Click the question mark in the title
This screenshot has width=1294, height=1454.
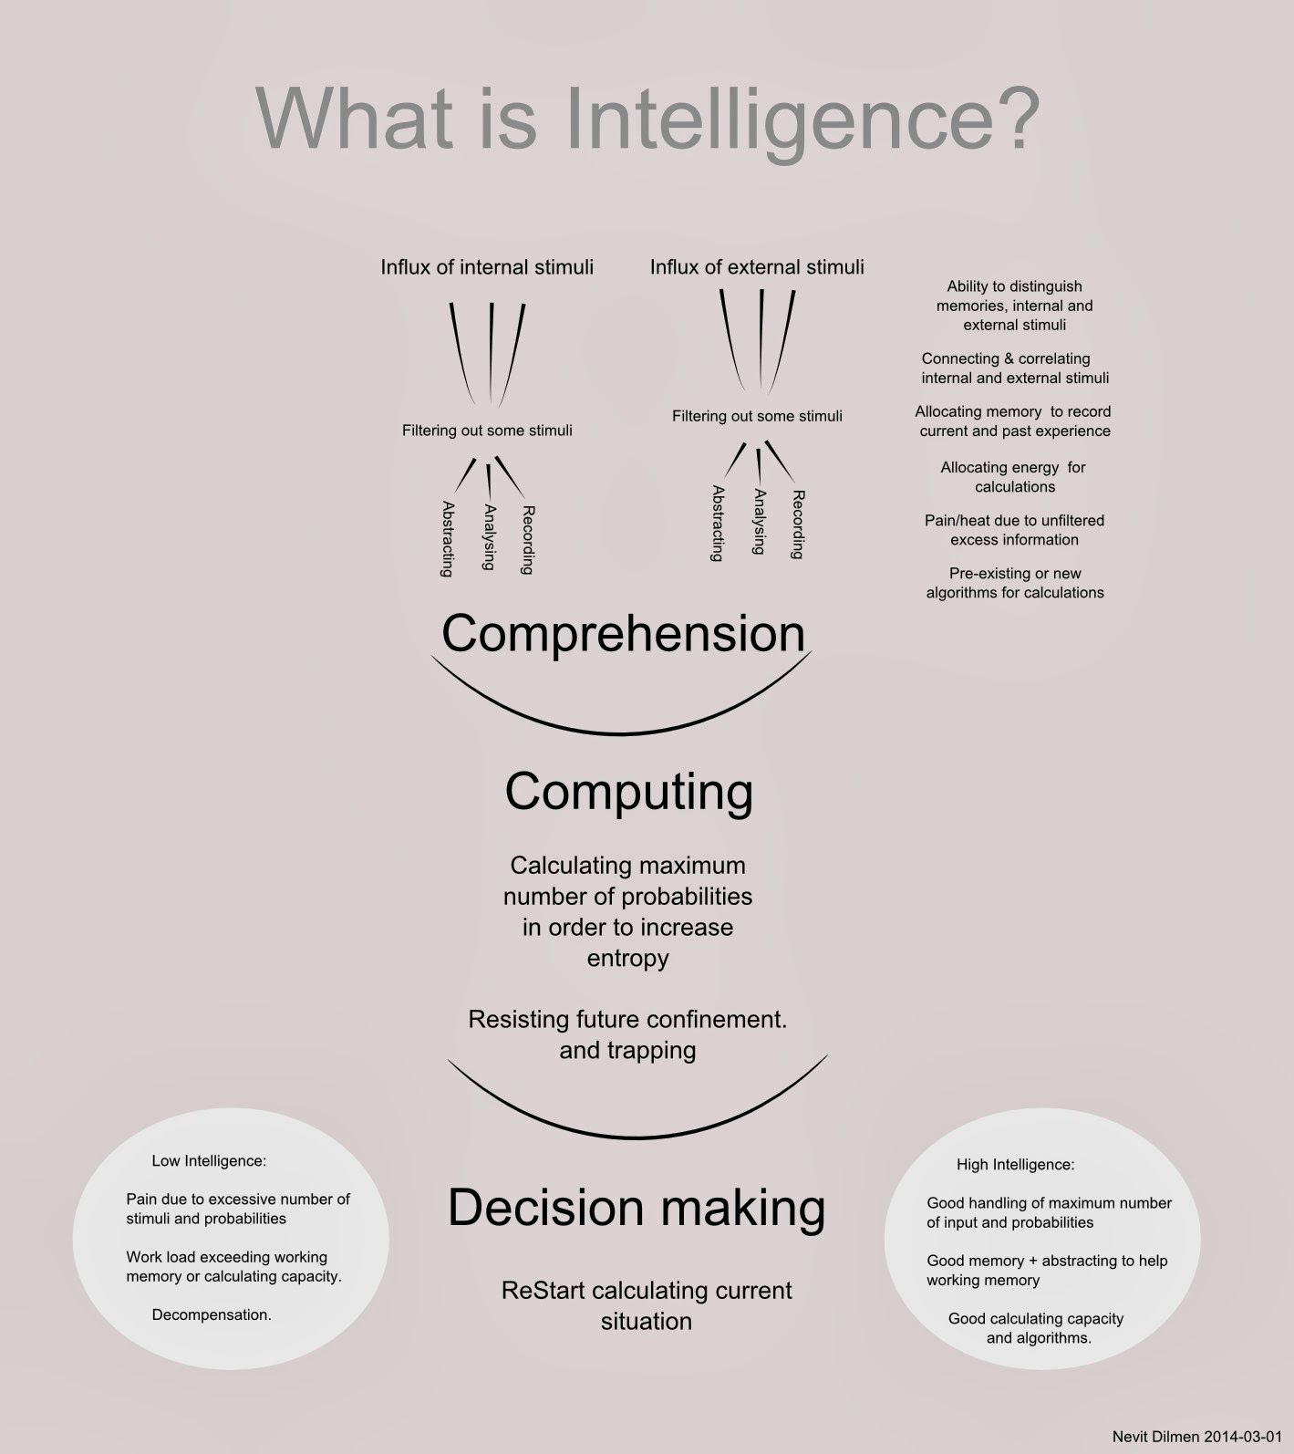pos(1013,119)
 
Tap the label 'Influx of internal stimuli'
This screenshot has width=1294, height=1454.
pos(487,267)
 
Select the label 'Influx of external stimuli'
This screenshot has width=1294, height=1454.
pos(757,267)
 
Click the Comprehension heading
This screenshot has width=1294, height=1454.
pos(624,633)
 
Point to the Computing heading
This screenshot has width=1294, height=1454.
pos(628,793)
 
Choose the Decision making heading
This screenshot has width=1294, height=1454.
pos(637,1208)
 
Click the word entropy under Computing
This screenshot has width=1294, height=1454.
pos(627,959)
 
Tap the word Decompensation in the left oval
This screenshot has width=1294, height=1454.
pos(212,1315)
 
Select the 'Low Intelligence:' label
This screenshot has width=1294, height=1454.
pos(209,1161)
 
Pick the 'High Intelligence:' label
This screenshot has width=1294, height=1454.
pos(1015,1165)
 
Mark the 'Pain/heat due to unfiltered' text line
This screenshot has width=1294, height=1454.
pos(1014,521)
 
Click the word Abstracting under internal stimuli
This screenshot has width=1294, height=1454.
pos(447,539)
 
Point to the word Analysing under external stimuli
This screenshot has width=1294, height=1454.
pos(759,522)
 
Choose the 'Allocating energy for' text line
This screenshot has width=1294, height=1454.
pos(1013,468)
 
